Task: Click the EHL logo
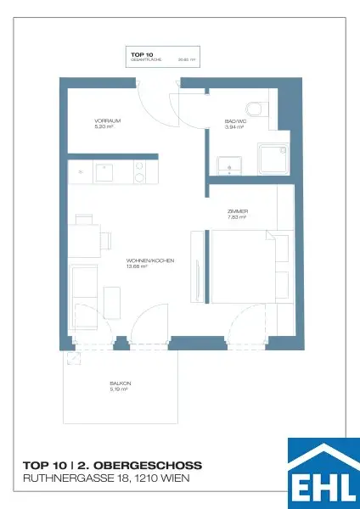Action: [x=323, y=473]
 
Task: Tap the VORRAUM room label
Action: [x=108, y=121]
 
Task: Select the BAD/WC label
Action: [x=235, y=121]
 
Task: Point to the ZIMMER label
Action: [x=238, y=211]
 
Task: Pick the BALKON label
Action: [x=119, y=383]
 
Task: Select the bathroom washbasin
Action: [x=227, y=164]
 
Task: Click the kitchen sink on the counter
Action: [x=106, y=171]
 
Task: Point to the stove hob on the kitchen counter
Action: [x=140, y=171]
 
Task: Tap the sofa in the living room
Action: [x=83, y=293]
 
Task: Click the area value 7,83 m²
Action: [x=237, y=218]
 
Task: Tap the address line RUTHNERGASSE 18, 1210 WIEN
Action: [x=106, y=479]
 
